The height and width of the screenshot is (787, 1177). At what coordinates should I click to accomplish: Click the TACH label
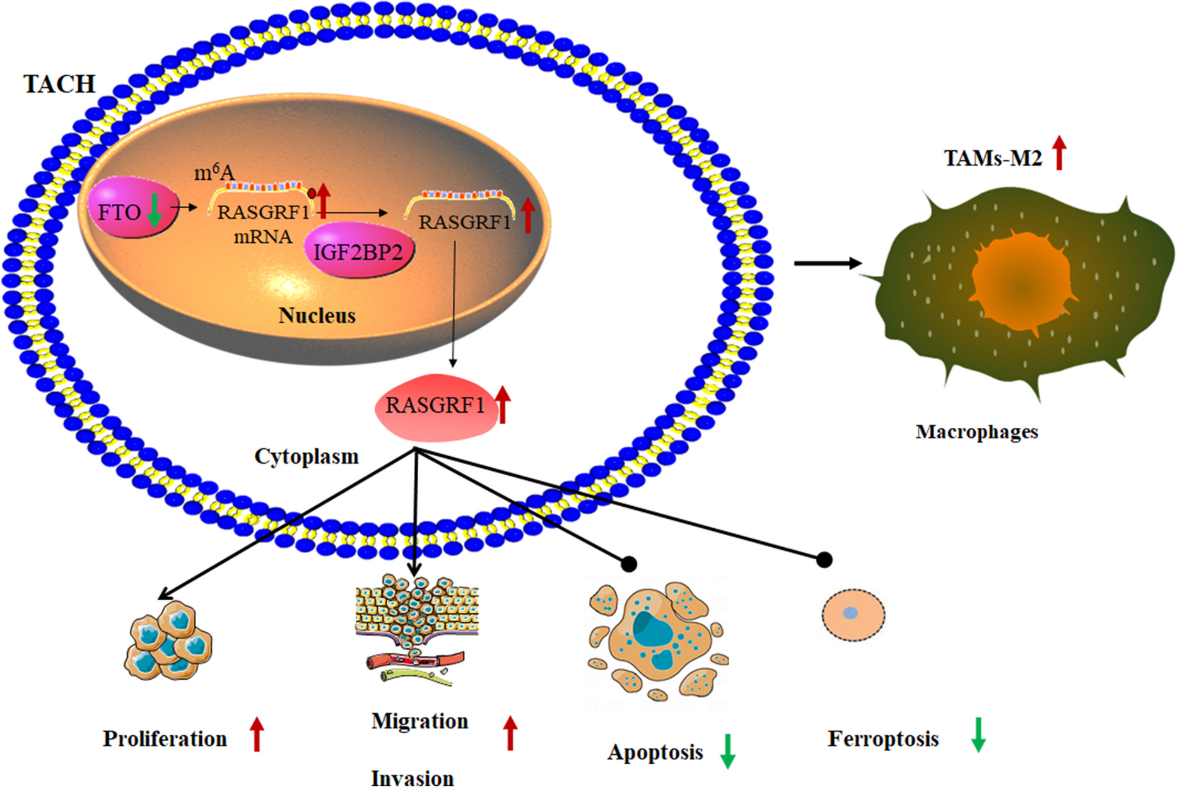pyautogui.click(x=59, y=84)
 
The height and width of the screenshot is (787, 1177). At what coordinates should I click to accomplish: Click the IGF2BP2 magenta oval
pyautogui.click(x=358, y=252)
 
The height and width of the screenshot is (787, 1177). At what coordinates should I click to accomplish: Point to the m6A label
pyautogui.click(x=214, y=172)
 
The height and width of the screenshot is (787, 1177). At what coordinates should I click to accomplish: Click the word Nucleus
pyautogui.click(x=317, y=315)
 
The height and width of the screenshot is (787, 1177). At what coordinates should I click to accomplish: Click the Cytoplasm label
pyautogui.click(x=306, y=456)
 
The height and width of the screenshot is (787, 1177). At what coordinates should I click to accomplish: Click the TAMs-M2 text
pyautogui.click(x=992, y=158)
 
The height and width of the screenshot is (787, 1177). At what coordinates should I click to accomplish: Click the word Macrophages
pyautogui.click(x=976, y=432)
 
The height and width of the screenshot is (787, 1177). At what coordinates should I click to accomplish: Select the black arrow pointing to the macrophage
pyautogui.click(x=827, y=263)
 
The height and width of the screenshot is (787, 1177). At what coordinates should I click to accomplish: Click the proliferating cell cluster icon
pyautogui.click(x=168, y=641)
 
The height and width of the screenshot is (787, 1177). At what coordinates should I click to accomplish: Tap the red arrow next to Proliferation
pyautogui.click(x=256, y=734)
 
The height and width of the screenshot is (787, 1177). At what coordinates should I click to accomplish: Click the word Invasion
pyautogui.click(x=412, y=778)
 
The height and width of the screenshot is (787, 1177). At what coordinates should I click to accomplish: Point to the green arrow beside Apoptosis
pyautogui.click(x=727, y=751)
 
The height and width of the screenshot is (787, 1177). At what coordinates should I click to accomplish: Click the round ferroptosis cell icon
pyautogui.click(x=853, y=614)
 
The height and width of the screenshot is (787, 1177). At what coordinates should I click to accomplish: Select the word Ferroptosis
pyautogui.click(x=883, y=738)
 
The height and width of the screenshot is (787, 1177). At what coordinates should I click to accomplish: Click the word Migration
pyautogui.click(x=419, y=721)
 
